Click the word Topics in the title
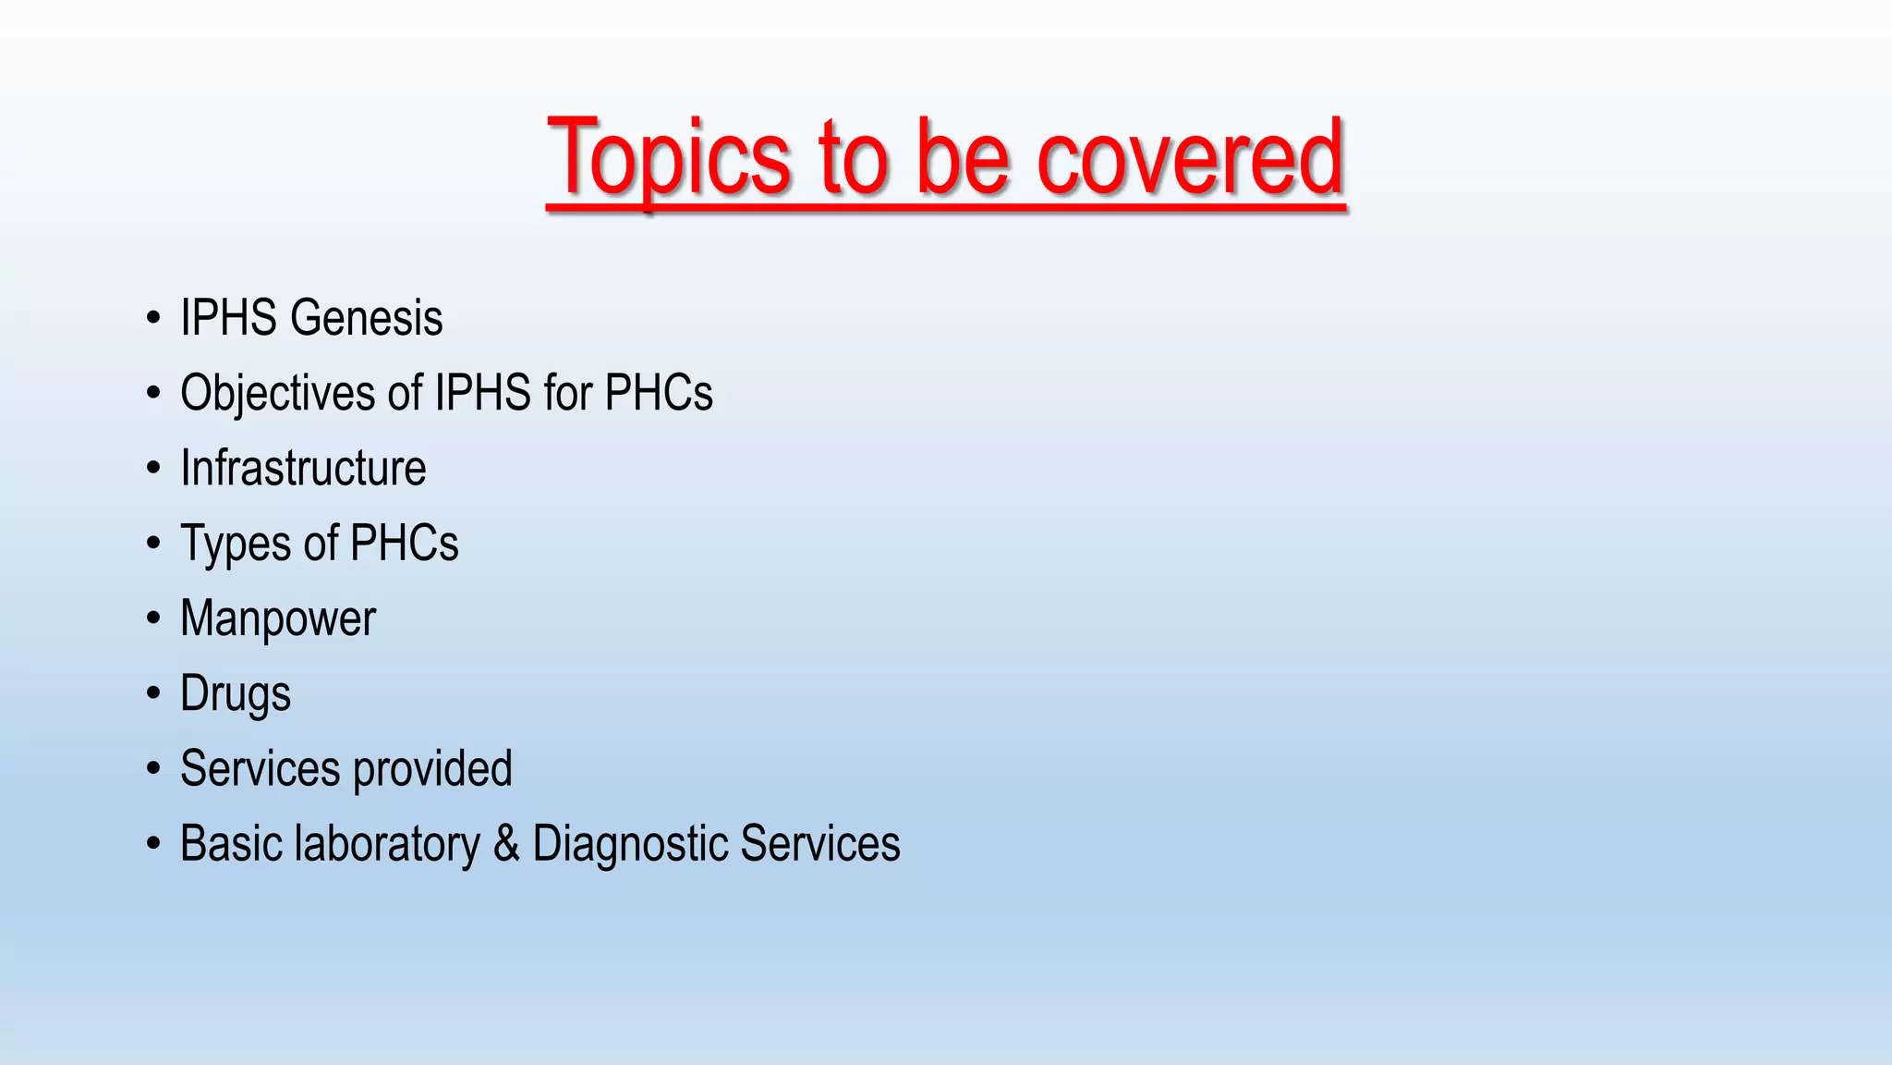tap(669, 159)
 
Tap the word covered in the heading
tap(1190, 159)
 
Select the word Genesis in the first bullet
tap(366, 318)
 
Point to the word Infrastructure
tap(303, 468)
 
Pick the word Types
tap(236, 544)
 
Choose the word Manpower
tap(278, 618)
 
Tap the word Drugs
tap(236, 694)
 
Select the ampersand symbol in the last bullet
tap(506, 844)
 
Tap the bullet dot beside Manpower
tap(153, 618)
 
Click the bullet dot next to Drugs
tap(153, 693)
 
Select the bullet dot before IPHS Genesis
tap(153, 318)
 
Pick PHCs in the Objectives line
tap(659, 393)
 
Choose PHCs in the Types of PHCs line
tap(405, 544)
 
